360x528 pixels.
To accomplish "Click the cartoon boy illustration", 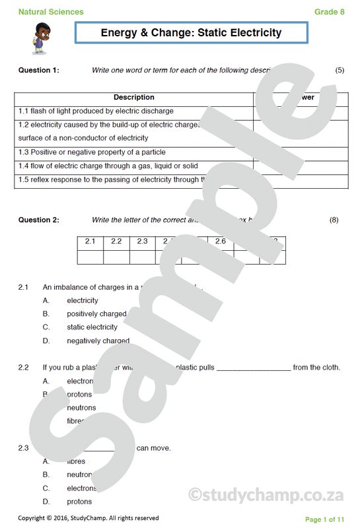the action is coord(38,38).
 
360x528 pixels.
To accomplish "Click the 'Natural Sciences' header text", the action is coord(51,12).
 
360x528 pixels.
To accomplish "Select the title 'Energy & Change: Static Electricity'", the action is coord(191,32).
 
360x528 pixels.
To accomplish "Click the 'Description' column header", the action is coord(134,98).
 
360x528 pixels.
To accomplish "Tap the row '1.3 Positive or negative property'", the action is coord(100,152).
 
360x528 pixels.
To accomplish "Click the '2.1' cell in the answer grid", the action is coord(90,242).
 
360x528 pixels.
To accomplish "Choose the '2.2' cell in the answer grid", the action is coord(116,242).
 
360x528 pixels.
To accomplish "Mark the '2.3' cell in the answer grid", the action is coord(142,242).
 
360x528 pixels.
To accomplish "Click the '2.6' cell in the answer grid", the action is coord(220,242).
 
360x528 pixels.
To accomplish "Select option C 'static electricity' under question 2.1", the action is coord(92,327).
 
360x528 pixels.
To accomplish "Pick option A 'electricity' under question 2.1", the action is coord(83,301).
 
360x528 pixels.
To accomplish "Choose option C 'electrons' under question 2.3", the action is coord(81,488).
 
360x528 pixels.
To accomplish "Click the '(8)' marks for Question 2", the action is coord(334,220).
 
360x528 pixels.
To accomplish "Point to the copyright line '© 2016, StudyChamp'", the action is coord(88,518).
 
